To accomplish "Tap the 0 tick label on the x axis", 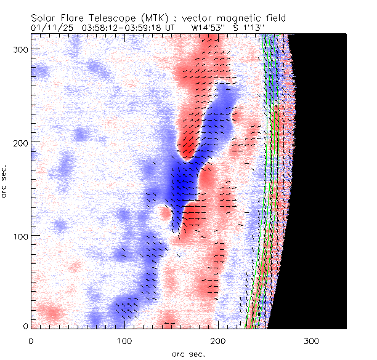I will pyautogui.click(x=31, y=340).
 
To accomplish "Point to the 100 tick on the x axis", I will pyautogui.click(x=124, y=340).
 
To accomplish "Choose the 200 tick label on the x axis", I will pyautogui.click(x=218, y=340).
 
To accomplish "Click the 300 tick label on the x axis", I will pyautogui.click(x=312, y=340).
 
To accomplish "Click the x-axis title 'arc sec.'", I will pyautogui.click(x=187, y=354).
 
